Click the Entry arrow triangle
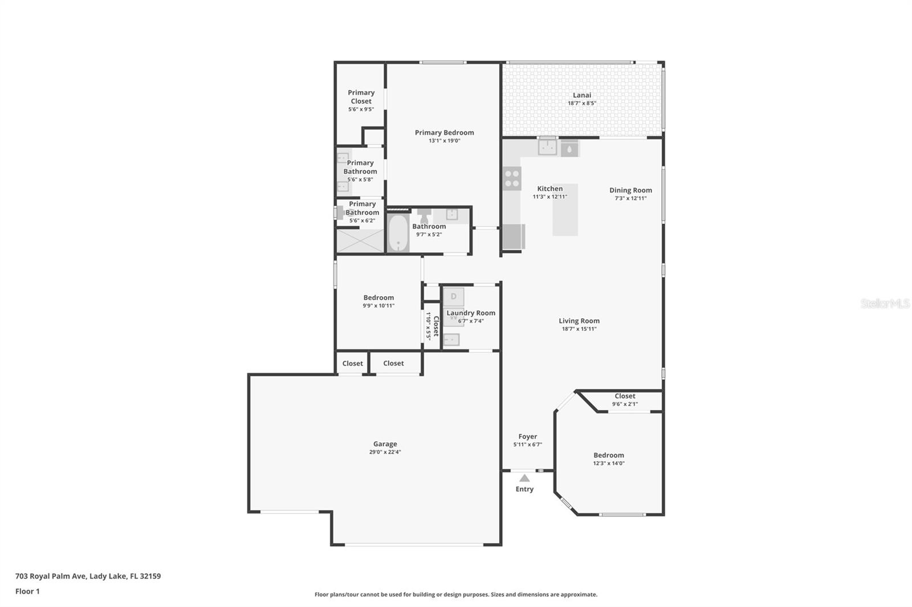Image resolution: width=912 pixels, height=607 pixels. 524,478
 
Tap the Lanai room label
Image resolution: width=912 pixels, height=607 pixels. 581,95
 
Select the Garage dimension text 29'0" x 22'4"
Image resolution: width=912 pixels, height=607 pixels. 385,452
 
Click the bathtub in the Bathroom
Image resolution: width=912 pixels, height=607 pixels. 398,233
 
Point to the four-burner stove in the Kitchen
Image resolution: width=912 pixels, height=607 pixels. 512,178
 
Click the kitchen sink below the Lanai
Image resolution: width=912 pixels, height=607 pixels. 547,147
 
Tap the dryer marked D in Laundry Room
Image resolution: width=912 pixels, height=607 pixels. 454,297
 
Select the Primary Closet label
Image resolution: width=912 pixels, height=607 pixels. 361,97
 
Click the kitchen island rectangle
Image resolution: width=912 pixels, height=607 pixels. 565,210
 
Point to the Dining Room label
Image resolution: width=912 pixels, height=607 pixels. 630,190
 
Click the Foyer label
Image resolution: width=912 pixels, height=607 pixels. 527,437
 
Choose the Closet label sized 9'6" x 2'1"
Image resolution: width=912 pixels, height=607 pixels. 625,396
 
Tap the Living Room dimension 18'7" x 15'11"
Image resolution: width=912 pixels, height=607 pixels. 579,329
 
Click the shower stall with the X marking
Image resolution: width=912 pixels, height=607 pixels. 360,241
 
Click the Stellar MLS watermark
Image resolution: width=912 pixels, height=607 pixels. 885,303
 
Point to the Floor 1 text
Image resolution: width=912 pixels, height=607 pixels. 27,591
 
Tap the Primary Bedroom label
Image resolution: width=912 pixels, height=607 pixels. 444,133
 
